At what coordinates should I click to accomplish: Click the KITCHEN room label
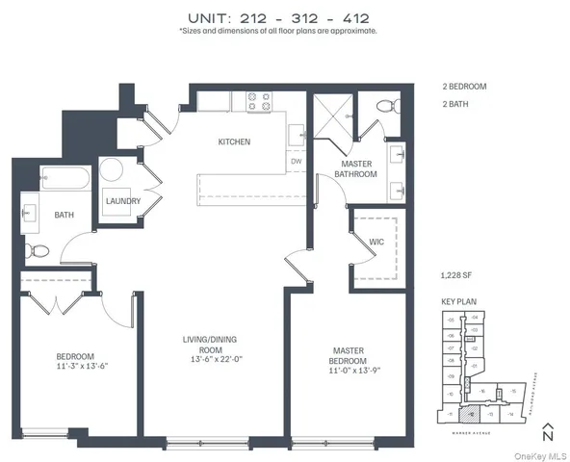(x=234, y=141)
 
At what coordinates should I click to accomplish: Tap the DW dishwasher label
(x=297, y=162)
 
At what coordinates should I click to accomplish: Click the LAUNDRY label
(x=123, y=201)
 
